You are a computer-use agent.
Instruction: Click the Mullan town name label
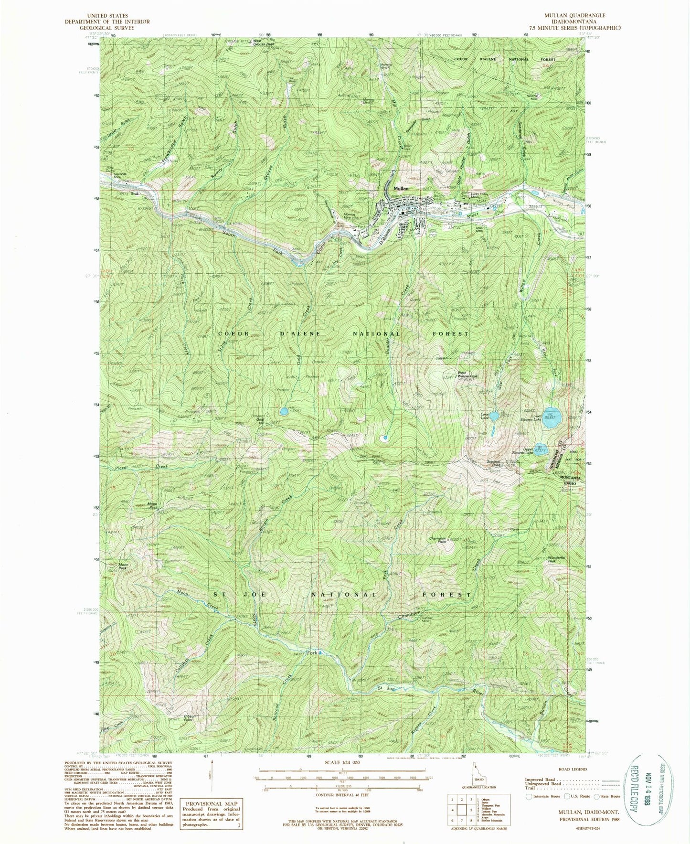[x=401, y=189]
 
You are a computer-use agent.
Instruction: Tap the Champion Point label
[x=438, y=540]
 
